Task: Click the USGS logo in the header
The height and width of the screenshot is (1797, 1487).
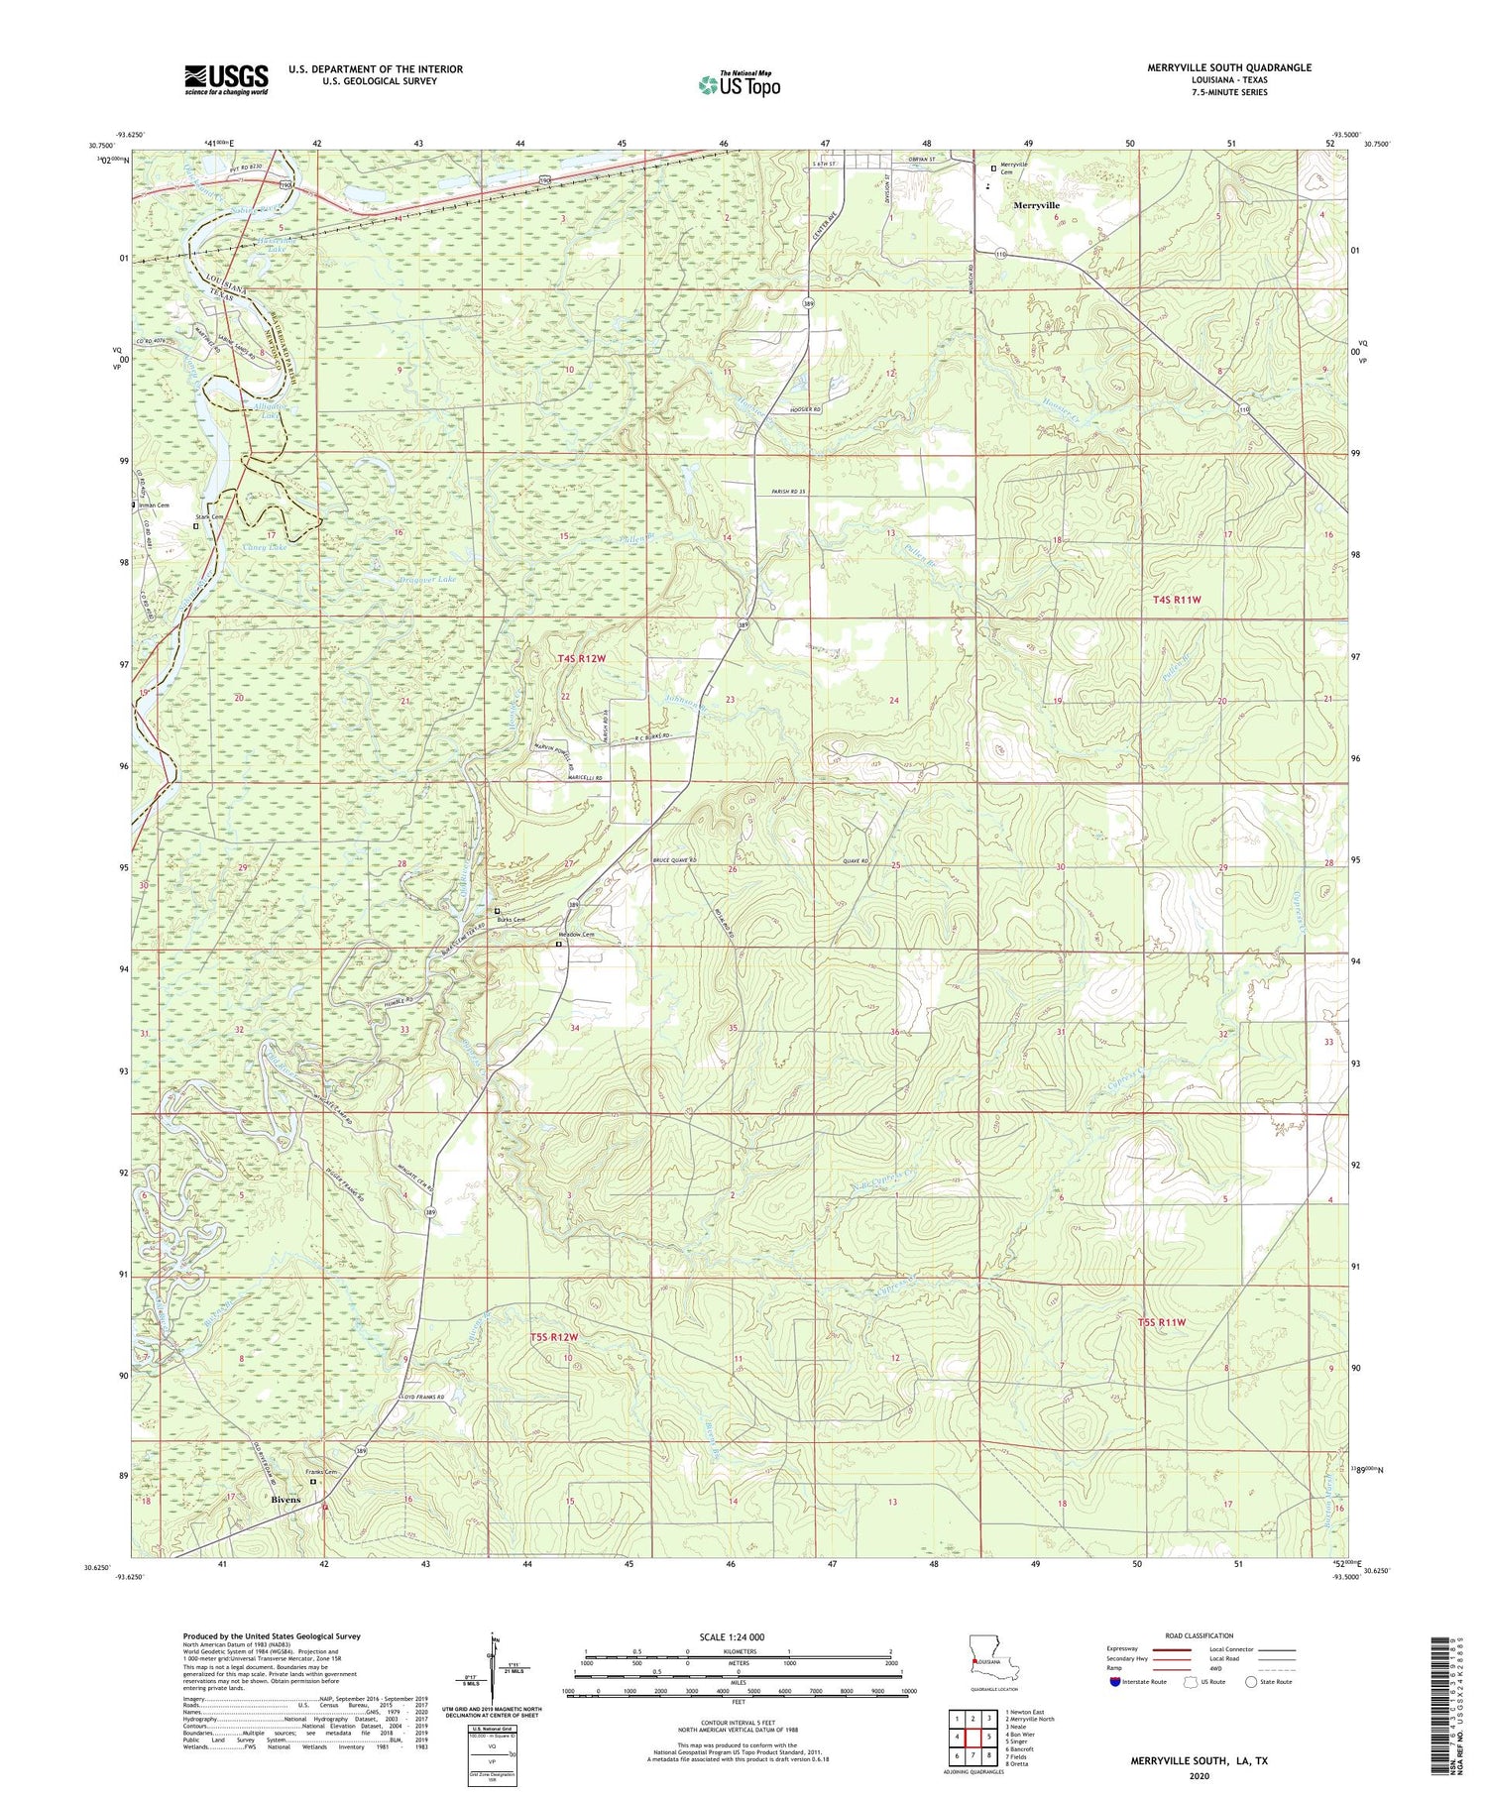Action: click(x=226, y=79)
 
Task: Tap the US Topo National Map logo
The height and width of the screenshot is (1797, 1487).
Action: click(x=740, y=84)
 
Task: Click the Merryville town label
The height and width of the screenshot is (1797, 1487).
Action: click(x=1035, y=205)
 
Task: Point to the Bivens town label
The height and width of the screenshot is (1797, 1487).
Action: click(x=286, y=1500)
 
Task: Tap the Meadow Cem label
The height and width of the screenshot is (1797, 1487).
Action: click(x=576, y=935)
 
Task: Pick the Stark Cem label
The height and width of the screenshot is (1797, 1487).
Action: click(x=210, y=517)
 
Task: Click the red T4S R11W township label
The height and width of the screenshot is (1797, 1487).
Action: click(x=1177, y=600)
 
